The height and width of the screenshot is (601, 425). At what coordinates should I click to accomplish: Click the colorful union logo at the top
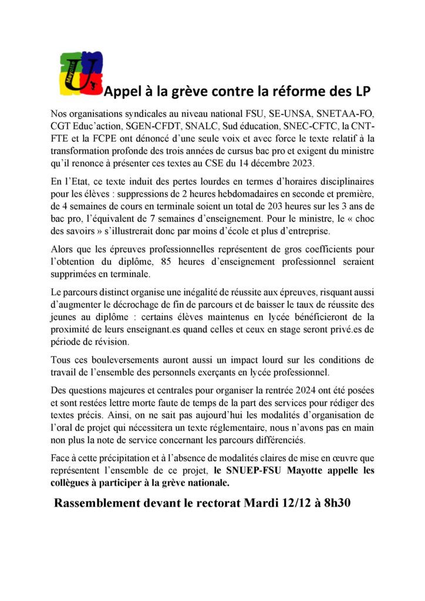tap(82, 73)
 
